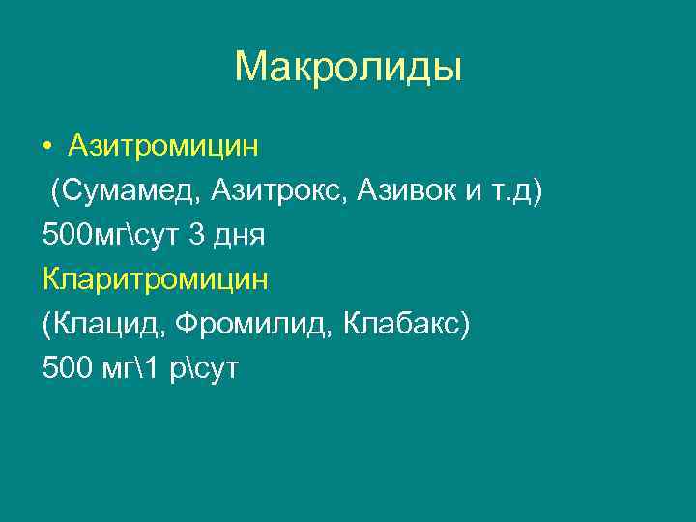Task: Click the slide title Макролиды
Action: (x=348, y=68)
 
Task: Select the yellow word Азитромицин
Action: (x=163, y=146)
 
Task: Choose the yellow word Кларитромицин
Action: (x=155, y=279)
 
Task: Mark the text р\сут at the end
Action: (x=212, y=368)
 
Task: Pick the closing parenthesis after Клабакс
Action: (x=465, y=324)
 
